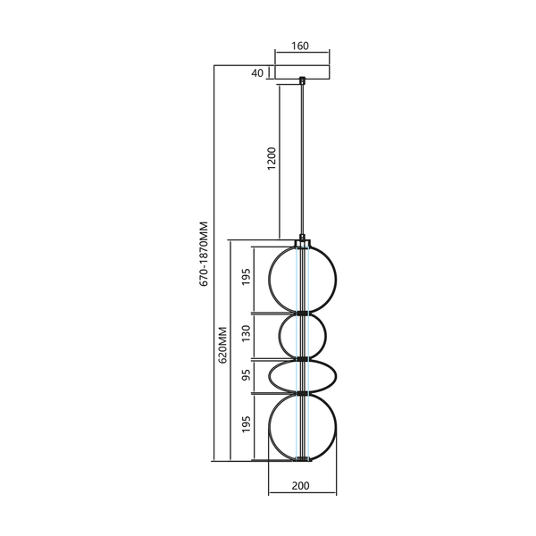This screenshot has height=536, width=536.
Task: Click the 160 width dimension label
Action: pyautogui.click(x=300, y=46)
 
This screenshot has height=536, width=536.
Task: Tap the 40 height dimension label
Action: pyautogui.click(x=257, y=73)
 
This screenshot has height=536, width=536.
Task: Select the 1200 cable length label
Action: pyautogui.click(x=272, y=159)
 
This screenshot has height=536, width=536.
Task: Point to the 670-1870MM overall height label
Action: pyautogui.click(x=204, y=254)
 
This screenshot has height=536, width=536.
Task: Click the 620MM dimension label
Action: pyautogui.click(x=222, y=345)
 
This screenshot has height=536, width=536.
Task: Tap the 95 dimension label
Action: pyautogui.click(x=247, y=374)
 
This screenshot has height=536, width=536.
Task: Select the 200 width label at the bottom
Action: pyautogui.click(x=301, y=485)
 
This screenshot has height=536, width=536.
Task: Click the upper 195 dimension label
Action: pyautogui.click(x=247, y=277)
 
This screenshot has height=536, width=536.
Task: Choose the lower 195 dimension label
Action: pyautogui.click(x=247, y=423)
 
